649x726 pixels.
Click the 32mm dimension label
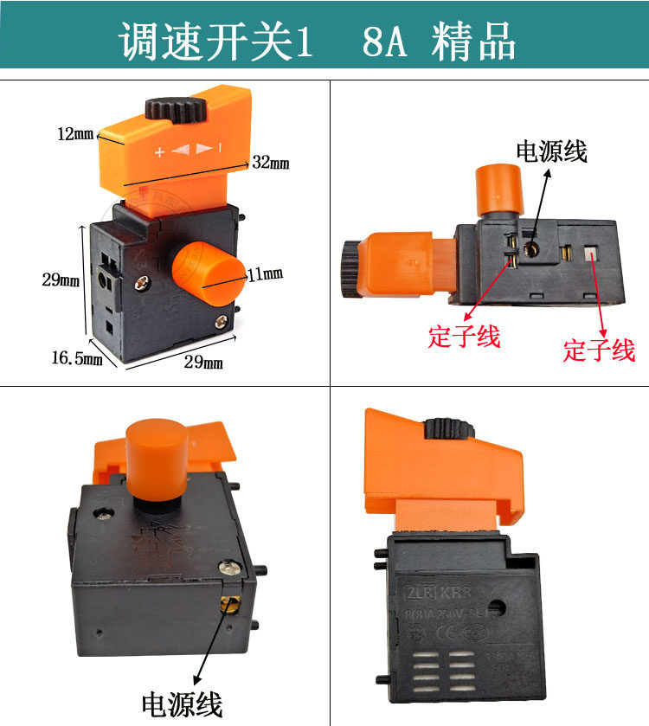point(270,163)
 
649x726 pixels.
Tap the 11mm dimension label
point(266,274)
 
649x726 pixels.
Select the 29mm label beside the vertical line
point(61,279)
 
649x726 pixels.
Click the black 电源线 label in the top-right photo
point(551,151)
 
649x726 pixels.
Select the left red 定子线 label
point(465,336)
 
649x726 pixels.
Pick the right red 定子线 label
point(599,350)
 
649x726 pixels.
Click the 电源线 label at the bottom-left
point(182,703)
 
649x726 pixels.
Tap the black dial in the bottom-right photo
point(441,428)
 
